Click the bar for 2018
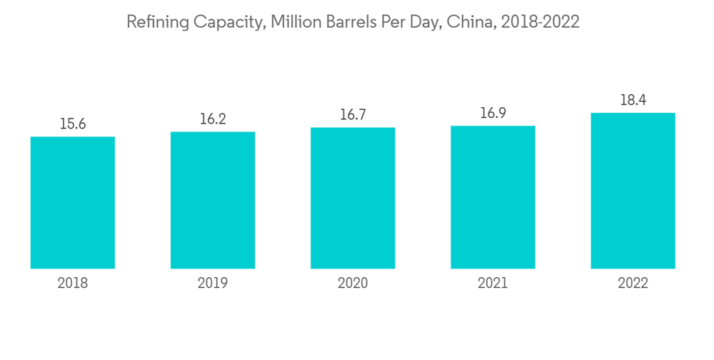click(73, 202)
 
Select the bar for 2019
click(213, 200)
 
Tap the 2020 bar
click(353, 198)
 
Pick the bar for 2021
click(493, 197)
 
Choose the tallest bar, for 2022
click(633, 191)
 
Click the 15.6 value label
click(73, 124)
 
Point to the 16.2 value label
click(213, 119)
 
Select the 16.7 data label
click(353, 114)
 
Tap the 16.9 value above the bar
click(493, 113)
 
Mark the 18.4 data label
click(633, 100)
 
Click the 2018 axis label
click(73, 284)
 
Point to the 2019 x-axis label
click(213, 284)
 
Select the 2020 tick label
click(353, 284)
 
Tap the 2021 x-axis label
click(493, 284)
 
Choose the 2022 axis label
click(633, 284)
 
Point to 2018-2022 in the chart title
click(540, 22)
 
